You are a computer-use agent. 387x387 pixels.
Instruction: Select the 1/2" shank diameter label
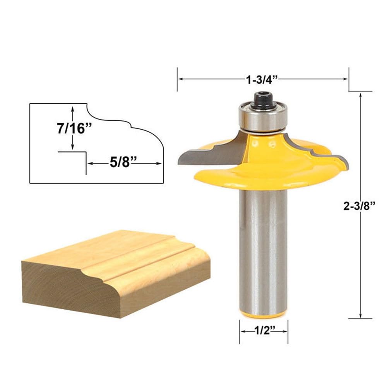[x=264, y=332]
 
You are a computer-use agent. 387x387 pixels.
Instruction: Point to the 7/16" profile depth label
[x=71, y=128]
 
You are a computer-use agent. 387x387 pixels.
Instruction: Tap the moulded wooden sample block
[x=116, y=271]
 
